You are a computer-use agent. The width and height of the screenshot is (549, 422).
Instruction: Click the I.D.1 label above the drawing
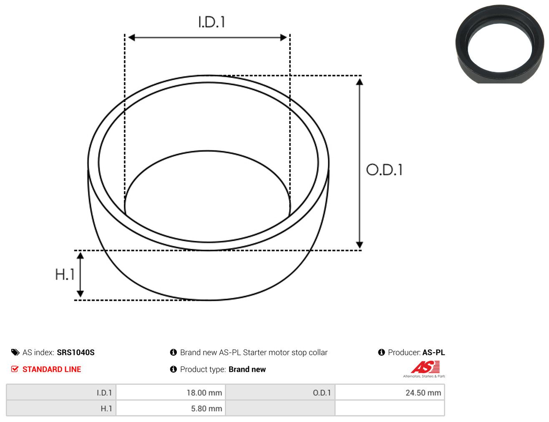coord(212,22)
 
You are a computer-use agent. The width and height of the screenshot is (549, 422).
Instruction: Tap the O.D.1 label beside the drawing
coord(384,170)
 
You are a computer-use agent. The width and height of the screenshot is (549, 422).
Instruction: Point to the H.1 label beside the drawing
coord(65,274)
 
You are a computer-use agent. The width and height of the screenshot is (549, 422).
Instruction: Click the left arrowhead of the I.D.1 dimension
coord(132,38)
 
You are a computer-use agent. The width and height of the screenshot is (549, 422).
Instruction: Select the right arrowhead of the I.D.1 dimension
coord(283,38)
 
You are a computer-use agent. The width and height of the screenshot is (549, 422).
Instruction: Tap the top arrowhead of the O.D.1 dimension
coord(360,82)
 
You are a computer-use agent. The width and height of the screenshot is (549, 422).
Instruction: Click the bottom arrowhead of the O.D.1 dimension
coord(360,245)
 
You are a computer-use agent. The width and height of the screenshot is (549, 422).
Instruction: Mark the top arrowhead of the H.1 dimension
coord(81,255)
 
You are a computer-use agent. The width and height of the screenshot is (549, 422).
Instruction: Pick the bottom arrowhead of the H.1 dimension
coord(81,293)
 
